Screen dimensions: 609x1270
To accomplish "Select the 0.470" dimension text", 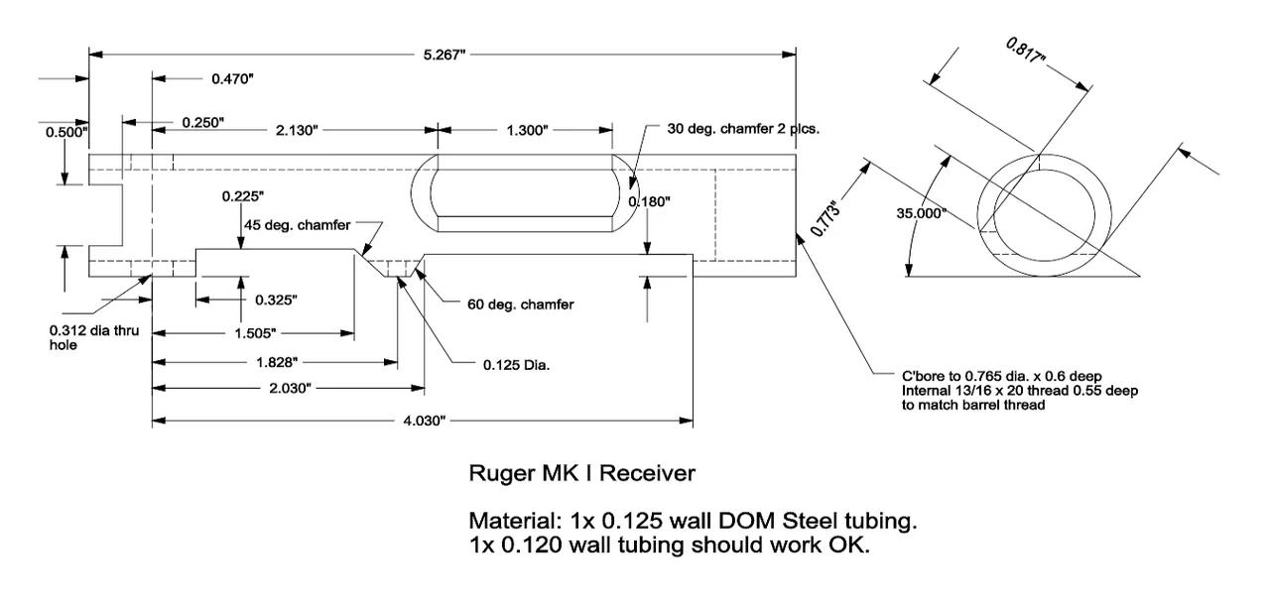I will point(233,78).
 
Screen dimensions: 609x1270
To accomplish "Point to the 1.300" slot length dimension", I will point(525,130).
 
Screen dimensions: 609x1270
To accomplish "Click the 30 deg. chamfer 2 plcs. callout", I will point(743,129).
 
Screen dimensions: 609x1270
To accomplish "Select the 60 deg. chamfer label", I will point(520,304).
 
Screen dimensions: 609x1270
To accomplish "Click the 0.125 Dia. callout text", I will point(517,364).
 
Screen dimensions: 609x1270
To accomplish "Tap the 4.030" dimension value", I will point(424,422).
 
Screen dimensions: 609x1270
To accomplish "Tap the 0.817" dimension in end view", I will point(1026,52).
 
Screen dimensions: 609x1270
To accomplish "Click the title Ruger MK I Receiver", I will point(581,473).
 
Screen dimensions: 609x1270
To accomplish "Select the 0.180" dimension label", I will point(650,201).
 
